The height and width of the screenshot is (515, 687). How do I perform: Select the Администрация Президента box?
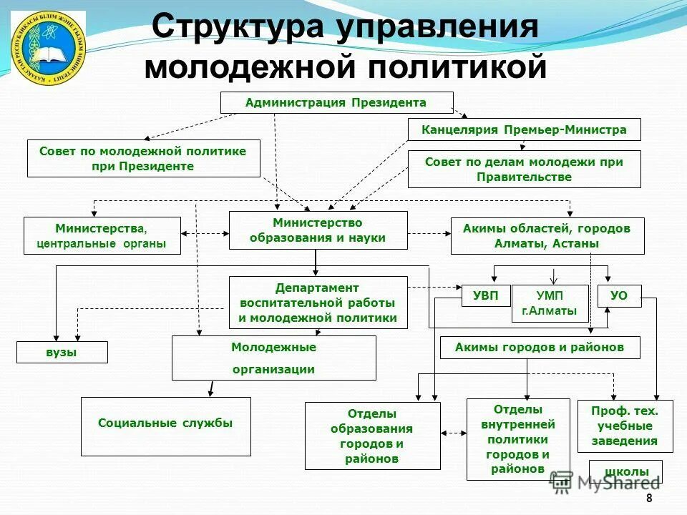[x=336, y=102]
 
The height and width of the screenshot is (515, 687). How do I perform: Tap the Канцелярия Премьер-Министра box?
[x=524, y=129]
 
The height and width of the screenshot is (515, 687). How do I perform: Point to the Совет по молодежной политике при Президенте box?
[x=143, y=159]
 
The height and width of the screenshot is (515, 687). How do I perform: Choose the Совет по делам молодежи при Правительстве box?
[x=524, y=170]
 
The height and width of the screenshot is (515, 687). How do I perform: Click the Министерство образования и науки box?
[x=318, y=230]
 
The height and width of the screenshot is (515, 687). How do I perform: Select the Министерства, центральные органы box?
[x=102, y=236]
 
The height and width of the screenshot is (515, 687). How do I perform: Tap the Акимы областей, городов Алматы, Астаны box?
[x=547, y=236]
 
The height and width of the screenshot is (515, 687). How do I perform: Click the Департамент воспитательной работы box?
[x=318, y=303]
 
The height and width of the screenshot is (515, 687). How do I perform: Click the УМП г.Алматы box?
[x=549, y=303]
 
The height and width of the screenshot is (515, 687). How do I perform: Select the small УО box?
[x=619, y=295]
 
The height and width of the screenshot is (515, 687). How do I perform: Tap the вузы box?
[x=62, y=352]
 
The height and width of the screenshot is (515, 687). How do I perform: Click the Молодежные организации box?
[x=273, y=358]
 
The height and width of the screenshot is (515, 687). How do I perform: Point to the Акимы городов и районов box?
[x=540, y=348]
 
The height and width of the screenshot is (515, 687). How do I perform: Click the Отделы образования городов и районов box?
[x=372, y=436]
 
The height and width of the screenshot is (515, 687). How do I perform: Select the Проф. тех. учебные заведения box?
[x=625, y=426]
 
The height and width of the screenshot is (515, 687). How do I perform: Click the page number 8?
[x=649, y=499]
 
